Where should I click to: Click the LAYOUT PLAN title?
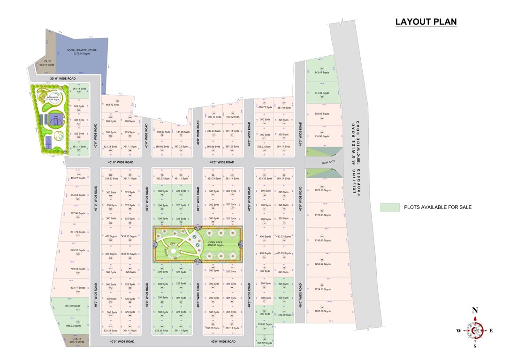426,22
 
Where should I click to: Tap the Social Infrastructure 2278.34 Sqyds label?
82,52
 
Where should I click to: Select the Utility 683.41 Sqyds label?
47,63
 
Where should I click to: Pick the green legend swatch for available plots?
389,207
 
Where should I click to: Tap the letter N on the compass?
475,310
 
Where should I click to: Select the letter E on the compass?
491,330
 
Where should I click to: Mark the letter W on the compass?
458,330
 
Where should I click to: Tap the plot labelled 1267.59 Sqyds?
322,311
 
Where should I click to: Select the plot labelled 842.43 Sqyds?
322,72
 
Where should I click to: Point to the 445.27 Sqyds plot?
78,178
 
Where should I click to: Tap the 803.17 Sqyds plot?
78,287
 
